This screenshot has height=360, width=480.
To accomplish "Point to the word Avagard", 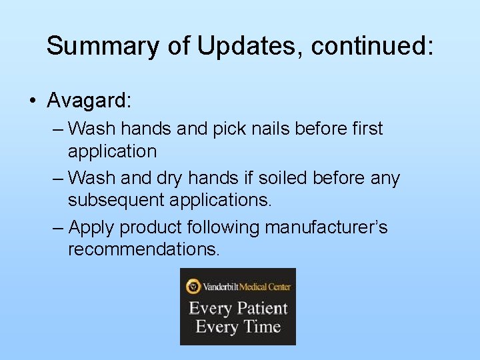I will [x=89, y=101].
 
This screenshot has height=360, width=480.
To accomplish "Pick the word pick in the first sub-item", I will [x=231, y=128].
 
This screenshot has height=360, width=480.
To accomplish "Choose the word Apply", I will [x=92, y=228].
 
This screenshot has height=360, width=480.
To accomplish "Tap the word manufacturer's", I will [x=326, y=228].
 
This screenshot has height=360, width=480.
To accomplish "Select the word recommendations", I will [x=143, y=251].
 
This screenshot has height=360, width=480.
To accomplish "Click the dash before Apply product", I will [x=58, y=228].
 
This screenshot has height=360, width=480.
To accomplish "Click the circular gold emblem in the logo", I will [x=193, y=287].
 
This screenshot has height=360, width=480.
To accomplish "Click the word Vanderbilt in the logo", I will [x=223, y=287].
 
